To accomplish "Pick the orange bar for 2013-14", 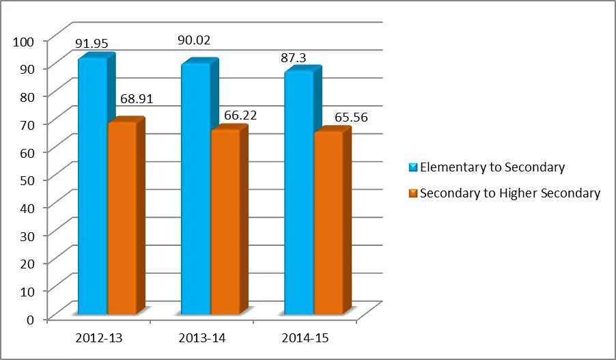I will pos(225,221).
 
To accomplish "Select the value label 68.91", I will pos(137,99).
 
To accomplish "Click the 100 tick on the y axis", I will pos(23,41).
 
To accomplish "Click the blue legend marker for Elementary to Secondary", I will pos(412,167).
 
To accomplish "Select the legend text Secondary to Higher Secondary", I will pos(510,193).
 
